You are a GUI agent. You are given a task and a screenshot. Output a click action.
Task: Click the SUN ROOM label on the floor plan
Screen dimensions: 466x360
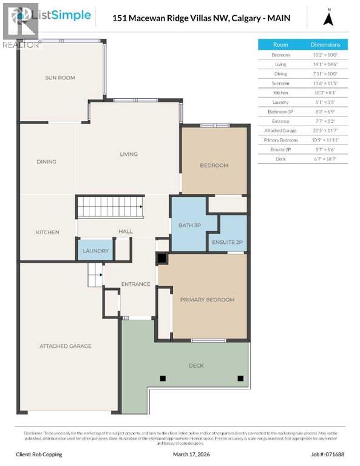coord(59,78)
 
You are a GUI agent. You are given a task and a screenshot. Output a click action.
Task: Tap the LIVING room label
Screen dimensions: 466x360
coord(128,154)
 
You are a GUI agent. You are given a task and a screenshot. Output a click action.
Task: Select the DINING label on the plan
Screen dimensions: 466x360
coord(46,161)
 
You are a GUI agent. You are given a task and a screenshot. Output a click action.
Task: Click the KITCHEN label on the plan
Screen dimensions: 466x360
coord(47,232)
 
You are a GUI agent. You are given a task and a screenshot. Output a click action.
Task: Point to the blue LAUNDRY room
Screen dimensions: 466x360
coord(95,251)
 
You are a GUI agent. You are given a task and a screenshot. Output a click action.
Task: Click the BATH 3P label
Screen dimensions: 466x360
coord(189,226)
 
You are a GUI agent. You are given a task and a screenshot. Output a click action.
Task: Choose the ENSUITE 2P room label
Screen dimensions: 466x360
coord(227,243)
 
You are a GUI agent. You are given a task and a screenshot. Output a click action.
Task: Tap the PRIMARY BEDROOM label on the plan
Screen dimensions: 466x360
coord(207,300)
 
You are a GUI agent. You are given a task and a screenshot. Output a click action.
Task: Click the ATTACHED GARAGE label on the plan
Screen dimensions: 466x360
coord(66,346)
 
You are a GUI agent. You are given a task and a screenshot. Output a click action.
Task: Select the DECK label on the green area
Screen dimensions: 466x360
coord(196,365)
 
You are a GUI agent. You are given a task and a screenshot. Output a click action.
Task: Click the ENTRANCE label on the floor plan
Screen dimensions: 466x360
coord(135,284)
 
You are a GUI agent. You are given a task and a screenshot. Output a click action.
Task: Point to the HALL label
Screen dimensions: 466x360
coord(125,232)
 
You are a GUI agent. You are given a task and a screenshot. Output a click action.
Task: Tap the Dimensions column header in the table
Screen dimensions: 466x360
coord(325,44)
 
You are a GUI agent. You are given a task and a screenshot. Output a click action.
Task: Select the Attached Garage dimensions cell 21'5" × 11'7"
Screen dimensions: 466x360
coord(325,130)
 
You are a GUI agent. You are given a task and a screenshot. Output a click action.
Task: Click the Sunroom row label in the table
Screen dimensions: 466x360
coord(280,83)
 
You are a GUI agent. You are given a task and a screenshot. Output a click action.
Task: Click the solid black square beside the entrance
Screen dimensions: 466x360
coord(161,258)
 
